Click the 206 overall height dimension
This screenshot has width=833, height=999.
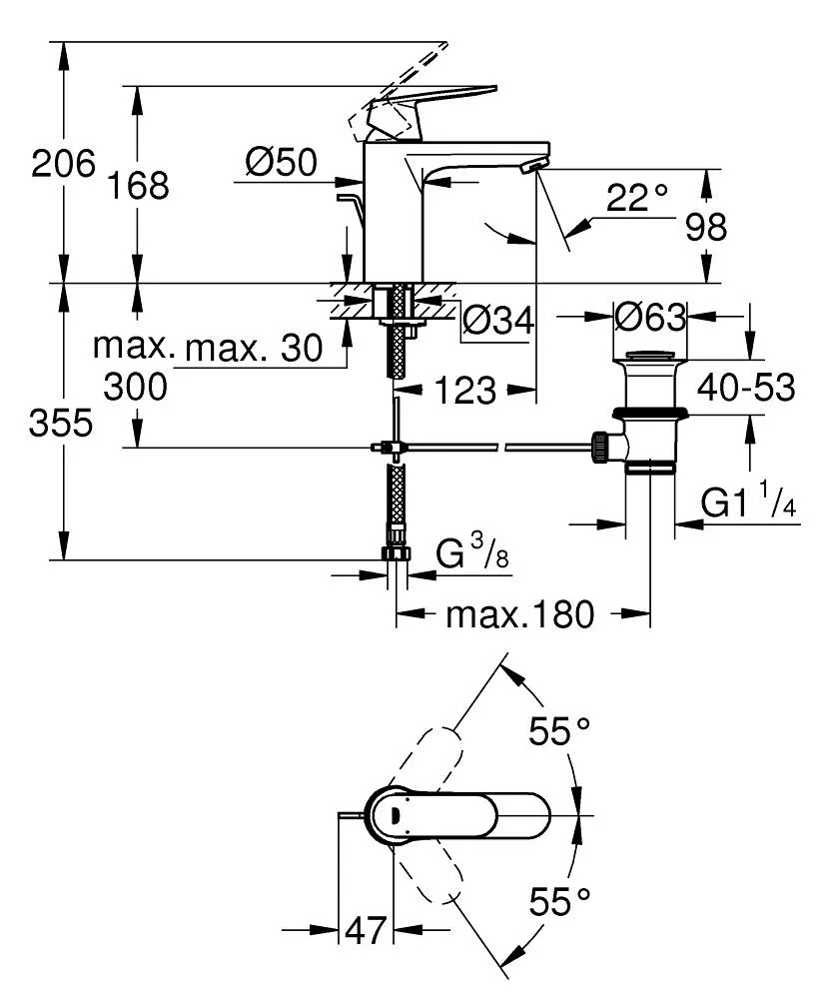point(63,163)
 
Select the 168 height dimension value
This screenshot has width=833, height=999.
point(141,185)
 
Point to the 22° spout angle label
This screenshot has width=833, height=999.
point(636,198)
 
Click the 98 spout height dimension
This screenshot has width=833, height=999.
point(706,228)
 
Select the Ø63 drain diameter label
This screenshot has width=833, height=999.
point(650,318)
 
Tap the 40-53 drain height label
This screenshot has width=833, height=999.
point(746,387)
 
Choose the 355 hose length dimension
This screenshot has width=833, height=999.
point(61,424)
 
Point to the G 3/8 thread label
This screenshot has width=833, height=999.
point(473,552)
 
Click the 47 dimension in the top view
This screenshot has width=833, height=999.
point(365,931)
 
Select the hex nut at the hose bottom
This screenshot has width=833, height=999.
point(397,554)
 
